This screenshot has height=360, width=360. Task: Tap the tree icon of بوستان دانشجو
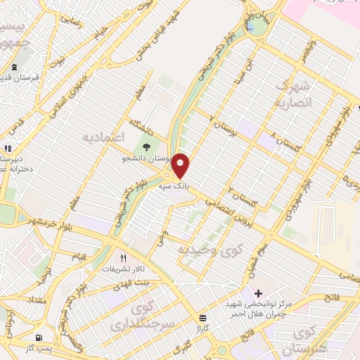tap(146, 148)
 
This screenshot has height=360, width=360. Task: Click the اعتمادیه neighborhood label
tap(103, 134)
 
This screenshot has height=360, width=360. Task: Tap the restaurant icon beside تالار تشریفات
tap(124, 258)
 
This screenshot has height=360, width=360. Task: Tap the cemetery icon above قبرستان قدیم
tap(15, 68)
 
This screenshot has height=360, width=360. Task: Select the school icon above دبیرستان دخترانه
tap(8, 149)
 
